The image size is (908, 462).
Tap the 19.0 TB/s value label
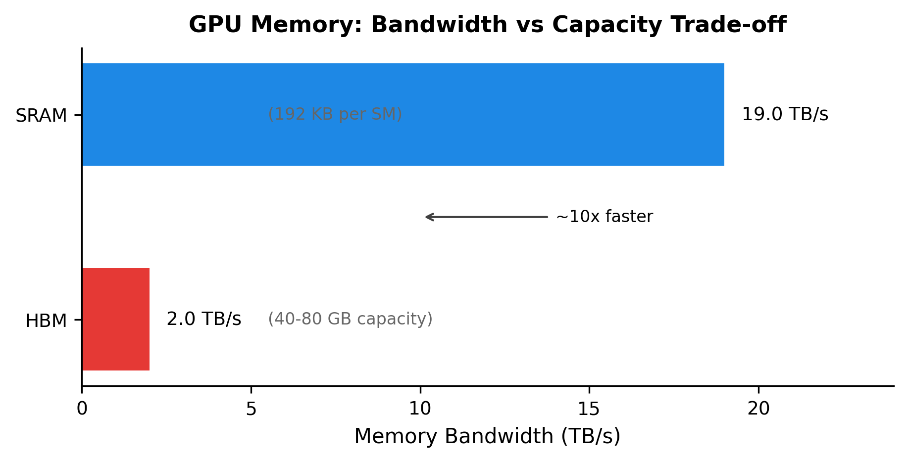785,114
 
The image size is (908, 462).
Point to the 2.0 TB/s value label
203,319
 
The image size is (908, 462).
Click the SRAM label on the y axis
41,116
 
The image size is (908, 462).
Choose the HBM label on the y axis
46,321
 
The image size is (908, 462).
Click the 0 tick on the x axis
82,409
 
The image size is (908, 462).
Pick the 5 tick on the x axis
251,409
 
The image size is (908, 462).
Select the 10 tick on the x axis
420,409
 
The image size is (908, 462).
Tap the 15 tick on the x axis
589,409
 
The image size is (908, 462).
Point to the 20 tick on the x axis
758,409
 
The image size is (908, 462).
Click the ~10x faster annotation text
604,217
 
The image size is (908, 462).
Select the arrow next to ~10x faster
486,217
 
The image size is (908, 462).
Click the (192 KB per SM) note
335,114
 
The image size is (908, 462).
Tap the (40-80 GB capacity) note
350,319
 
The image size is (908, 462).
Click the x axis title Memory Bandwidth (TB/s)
487,436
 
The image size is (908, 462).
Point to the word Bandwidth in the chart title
439,25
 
